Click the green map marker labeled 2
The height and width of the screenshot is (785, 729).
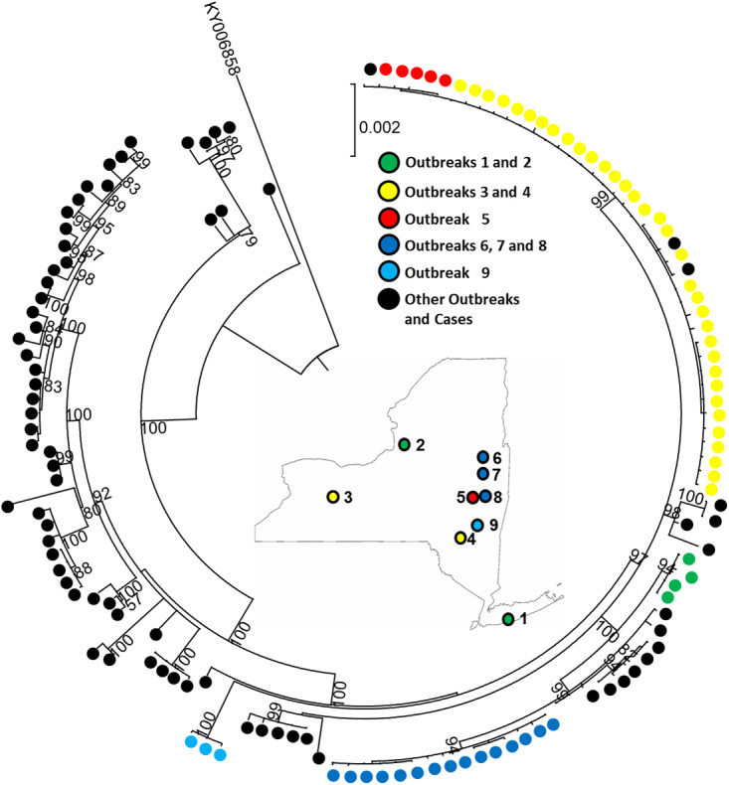coord(404,444)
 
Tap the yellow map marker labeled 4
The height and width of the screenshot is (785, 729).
coord(459,538)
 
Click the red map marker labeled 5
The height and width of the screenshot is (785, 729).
coord(472,497)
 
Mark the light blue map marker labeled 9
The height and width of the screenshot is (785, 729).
coord(477,525)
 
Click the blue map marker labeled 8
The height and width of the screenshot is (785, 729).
coord(484,496)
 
